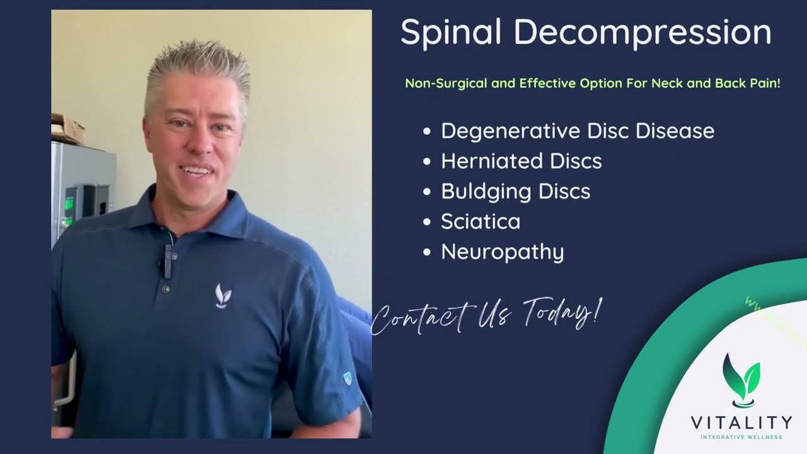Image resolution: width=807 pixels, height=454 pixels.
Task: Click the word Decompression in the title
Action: (x=642, y=33)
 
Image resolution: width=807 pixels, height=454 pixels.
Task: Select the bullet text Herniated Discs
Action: (x=521, y=161)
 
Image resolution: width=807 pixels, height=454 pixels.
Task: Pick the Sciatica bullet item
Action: (x=480, y=221)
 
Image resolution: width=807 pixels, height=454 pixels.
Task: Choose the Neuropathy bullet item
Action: (x=502, y=252)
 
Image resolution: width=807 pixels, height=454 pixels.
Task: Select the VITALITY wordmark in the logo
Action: (x=741, y=422)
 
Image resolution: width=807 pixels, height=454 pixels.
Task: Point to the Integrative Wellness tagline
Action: (x=741, y=437)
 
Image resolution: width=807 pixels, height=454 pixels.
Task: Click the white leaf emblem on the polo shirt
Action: (x=223, y=296)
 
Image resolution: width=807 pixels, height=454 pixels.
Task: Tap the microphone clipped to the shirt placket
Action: (x=167, y=260)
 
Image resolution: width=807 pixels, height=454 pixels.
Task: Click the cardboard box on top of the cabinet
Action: (x=67, y=129)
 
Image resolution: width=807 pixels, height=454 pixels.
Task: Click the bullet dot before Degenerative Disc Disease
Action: (x=427, y=132)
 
